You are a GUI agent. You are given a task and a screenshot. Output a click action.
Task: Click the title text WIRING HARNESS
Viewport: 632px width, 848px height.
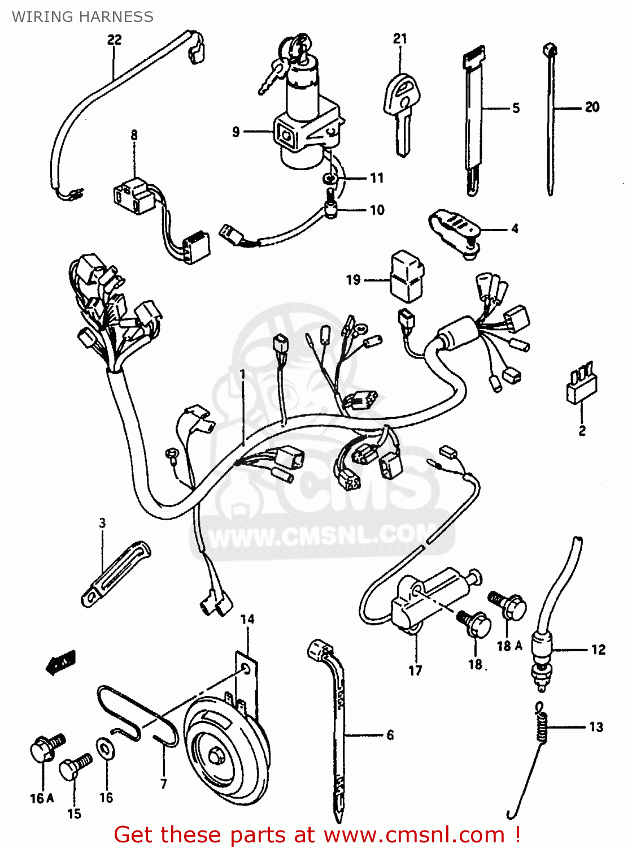(x=82, y=17)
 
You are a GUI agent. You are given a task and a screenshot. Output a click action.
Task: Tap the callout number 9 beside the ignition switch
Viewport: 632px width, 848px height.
(x=236, y=132)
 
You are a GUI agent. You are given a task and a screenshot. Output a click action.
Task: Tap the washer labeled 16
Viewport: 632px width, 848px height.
(x=105, y=749)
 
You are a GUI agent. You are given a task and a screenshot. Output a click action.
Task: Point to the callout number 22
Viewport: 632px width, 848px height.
(x=114, y=40)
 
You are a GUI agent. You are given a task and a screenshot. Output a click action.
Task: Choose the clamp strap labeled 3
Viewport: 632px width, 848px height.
(x=116, y=573)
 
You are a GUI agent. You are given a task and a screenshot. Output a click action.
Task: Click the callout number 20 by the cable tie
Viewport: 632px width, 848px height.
(x=591, y=107)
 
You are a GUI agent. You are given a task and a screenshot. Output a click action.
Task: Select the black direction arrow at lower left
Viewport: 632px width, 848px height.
(x=60, y=662)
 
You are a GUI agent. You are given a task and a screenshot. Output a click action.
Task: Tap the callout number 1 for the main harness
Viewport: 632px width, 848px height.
(x=243, y=374)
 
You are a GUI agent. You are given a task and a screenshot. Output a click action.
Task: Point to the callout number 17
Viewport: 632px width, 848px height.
(x=415, y=670)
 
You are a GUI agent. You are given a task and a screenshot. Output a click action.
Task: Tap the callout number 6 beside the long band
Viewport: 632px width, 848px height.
(x=390, y=734)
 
